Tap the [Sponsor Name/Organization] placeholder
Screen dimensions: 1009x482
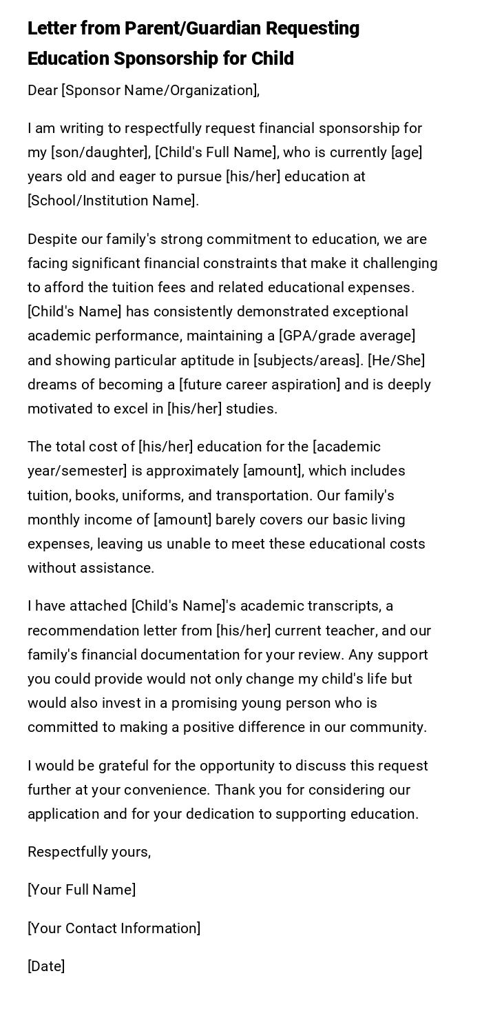click(160, 90)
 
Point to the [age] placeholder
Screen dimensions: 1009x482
click(406, 152)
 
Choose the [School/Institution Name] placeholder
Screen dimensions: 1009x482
click(112, 201)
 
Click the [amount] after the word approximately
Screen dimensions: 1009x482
click(272, 471)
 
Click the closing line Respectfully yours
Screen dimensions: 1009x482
click(89, 852)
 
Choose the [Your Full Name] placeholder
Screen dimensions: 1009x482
click(81, 890)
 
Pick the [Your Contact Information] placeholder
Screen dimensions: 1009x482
click(114, 928)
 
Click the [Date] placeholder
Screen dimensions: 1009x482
click(46, 966)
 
